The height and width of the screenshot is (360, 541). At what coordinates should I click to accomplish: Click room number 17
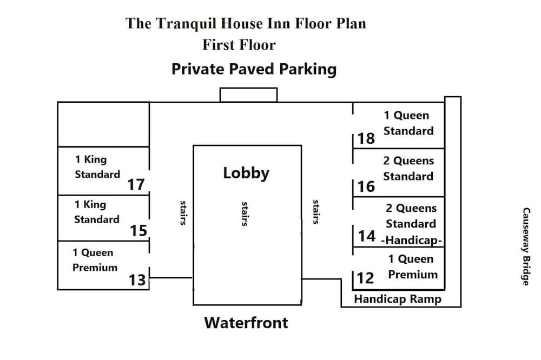tap(136, 184)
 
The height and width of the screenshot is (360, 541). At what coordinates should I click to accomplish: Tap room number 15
tap(138, 231)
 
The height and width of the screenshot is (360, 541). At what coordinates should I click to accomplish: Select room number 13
tap(137, 280)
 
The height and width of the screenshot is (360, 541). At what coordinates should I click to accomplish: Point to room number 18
tap(366, 138)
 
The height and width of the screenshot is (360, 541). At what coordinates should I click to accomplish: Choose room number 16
tap(366, 186)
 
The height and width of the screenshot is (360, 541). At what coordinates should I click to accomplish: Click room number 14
tap(366, 236)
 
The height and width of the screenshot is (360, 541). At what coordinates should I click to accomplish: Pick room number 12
tap(365, 278)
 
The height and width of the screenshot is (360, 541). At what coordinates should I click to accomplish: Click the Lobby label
tap(246, 173)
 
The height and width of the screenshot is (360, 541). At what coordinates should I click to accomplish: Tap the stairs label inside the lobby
tap(245, 214)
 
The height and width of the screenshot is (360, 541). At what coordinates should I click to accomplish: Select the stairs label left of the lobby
tap(183, 213)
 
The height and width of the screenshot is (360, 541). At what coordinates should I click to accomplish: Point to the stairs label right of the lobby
tap(316, 212)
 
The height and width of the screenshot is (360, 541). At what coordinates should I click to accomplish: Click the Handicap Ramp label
tap(398, 299)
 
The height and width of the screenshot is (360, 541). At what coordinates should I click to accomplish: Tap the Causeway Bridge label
tap(526, 246)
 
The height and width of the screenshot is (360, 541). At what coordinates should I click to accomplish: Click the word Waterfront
tap(246, 323)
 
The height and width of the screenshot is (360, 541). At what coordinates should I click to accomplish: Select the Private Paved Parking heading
tap(254, 69)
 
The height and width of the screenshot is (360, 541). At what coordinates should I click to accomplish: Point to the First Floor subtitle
tap(239, 45)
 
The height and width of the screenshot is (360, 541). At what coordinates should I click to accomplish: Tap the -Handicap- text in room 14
tap(412, 240)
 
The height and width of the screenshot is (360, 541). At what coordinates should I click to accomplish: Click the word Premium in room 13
tap(95, 268)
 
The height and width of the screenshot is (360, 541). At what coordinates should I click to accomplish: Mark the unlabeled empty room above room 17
tap(103, 124)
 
